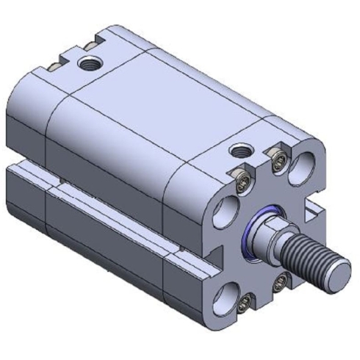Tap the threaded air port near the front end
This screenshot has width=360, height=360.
[x=240, y=151]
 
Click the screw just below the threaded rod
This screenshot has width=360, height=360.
[x=280, y=281]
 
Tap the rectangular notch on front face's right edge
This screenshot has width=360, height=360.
[x=314, y=213]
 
